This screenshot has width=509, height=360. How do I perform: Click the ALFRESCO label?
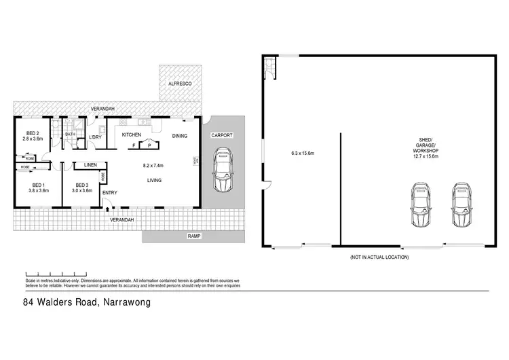[x=180, y=83]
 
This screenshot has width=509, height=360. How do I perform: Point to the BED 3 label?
[x=82, y=185]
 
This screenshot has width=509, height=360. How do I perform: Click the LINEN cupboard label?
[x=90, y=165]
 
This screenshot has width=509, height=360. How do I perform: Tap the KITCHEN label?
[x=131, y=135]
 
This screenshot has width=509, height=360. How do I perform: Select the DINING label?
[x=179, y=135]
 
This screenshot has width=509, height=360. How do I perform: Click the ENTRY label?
[x=109, y=193]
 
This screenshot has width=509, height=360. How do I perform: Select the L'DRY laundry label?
[x=95, y=138]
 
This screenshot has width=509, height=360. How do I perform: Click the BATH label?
[x=70, y=134]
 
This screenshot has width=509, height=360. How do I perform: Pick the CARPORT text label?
[x=222, y=135]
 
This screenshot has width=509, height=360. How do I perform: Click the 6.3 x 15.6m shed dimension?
[x=301, y=153]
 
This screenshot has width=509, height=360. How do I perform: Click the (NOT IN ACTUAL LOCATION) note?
[x=379, y=257]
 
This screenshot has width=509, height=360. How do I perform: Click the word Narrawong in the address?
[x=126, y=303]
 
